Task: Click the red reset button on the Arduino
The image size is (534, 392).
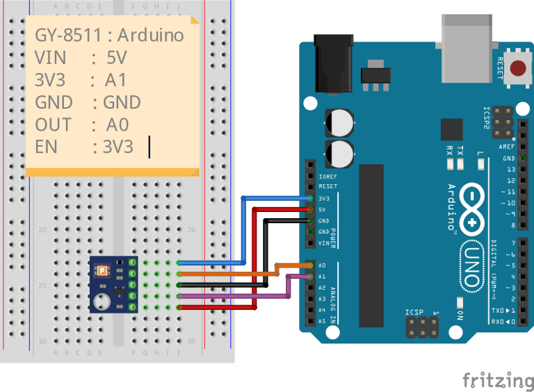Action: pyautogui.click(x=519, y=69)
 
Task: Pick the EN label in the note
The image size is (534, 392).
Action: pyautogui.click(x=46, y=147)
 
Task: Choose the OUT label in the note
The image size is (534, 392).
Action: pyautogui.click(x=53, y=124)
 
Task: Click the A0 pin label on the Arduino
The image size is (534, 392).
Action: pyautogui.click(x=322, y=266)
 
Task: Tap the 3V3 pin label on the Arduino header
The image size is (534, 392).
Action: pyautogui.click(x=323, y=198)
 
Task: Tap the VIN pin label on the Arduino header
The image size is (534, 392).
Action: pyautogui.click(x=323, y=243)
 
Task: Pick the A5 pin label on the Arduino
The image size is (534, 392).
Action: pyautogui.click(x=322, y=321)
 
